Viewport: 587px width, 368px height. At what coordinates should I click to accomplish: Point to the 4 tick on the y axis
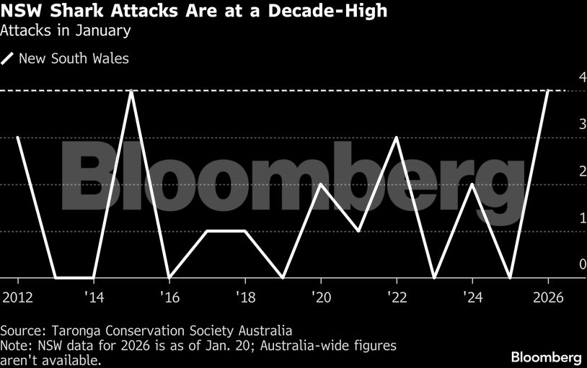coord(562,78)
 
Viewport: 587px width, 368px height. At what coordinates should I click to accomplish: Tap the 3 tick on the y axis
coord(562,125)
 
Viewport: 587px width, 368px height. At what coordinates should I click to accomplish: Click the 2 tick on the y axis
coord(562,171)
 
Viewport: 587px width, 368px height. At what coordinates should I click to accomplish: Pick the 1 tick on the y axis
coord(562,218)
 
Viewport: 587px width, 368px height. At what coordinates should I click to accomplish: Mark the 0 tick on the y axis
coord(562,265)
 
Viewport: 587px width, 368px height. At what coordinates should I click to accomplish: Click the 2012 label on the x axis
coord(17,297)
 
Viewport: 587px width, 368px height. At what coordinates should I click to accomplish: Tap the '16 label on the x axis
coord(169,297)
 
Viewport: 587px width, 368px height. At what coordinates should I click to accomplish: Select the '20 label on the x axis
coord(320,297)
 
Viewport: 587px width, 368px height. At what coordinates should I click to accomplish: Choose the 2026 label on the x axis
coord(548,297)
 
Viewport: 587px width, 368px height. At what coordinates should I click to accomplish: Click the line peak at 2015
coord(131,91)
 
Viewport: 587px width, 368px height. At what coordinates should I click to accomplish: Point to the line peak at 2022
coord(397,138)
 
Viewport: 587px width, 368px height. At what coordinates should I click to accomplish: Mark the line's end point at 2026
coord(548,91)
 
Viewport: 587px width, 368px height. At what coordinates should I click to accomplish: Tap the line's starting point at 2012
coord(17,138)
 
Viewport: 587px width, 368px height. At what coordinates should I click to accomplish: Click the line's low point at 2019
coord(283,277)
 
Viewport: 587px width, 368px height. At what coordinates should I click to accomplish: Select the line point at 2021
coord(358,231)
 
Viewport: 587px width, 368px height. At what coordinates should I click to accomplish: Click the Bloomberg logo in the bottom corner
coord(546,356)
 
